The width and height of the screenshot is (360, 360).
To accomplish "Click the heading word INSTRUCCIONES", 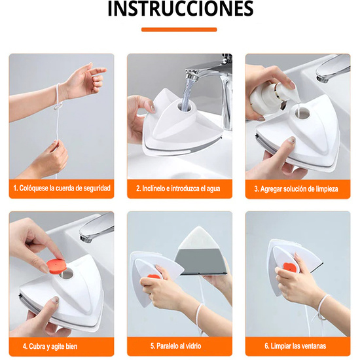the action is (181, 9).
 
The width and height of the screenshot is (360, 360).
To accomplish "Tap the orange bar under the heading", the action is (179, 29).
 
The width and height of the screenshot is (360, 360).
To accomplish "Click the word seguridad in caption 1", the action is (97, 189).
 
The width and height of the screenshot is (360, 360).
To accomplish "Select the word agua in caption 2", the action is (213, 189).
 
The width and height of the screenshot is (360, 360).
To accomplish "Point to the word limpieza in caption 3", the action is (326, 189).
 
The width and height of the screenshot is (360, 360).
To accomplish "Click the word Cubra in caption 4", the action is (35, 346).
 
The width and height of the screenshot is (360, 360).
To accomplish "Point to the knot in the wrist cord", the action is (58, 107).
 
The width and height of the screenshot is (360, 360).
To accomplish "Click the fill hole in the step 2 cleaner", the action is (184, 107).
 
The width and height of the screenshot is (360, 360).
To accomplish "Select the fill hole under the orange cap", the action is (67, 274).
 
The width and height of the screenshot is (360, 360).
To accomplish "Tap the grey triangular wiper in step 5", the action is (202, 261).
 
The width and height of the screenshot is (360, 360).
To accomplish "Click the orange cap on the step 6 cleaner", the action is (290, 267).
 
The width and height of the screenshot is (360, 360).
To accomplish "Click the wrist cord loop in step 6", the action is (322, 308).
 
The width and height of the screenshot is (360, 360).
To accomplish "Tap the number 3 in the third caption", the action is (256, 189).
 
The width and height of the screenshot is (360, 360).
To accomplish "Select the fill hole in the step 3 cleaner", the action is (303, 113).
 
